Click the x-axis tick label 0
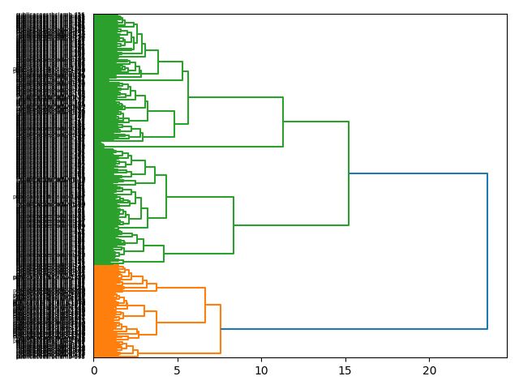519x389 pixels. click(x=93, y=370)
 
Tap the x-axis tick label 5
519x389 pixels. click(x=178, y=370)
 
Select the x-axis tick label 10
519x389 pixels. click(x=261, y=370)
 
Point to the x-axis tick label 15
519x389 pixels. click(x=345, y=370)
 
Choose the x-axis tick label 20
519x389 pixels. click(x=429, y=370)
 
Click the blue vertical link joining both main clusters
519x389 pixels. click(x=487, y=251)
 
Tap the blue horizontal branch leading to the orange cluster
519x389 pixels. click(x=354, y=329)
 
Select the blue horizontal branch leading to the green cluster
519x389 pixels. click(x=418, y=173)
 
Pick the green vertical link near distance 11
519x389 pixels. click(x=283, y=122)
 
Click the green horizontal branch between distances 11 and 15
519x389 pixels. click(x=316, y=122)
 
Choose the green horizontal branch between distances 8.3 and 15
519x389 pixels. click(x=291, y=225)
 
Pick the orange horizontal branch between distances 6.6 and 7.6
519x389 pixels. click(x=213, y=305)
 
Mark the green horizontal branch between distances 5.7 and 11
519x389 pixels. click(x=235, y=97)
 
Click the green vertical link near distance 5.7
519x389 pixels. click(x=188, y=97)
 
